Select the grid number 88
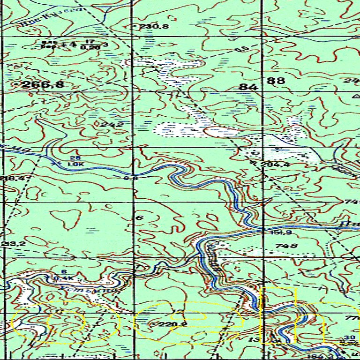pos(276,81)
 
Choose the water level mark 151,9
pos(278,232)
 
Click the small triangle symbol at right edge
pos(355,95)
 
